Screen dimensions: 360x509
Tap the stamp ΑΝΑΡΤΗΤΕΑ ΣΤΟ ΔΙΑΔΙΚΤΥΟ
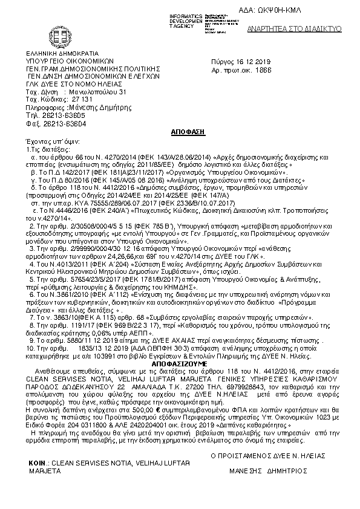coord(307,28)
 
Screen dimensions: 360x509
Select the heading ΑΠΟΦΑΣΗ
coord(181,131)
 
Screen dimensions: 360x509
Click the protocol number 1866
coord(264,70)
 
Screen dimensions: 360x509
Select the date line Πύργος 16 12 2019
coord(237,62)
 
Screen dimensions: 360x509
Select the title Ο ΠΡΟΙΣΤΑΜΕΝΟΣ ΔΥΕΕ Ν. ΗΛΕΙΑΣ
coord(268,455)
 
